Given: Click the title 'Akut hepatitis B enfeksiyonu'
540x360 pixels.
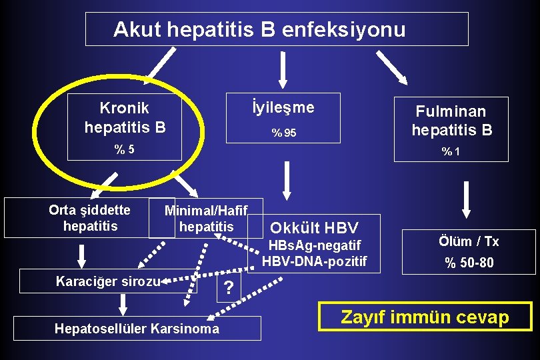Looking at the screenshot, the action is (259, 29).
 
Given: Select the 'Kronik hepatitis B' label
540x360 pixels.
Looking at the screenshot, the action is (125, 117).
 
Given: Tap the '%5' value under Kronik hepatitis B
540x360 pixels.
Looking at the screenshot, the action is (125, 149).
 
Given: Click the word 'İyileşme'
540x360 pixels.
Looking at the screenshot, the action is (283, 108).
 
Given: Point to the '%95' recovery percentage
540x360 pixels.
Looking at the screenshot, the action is (283, 133).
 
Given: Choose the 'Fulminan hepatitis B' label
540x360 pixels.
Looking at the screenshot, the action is (451, 120).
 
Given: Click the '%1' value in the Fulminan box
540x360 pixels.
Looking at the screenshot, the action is (451, 152).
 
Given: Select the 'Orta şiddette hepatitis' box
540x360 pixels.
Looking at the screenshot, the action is (89, 218).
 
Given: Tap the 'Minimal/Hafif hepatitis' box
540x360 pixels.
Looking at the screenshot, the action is (206, 219).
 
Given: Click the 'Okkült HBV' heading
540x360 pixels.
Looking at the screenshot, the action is (314, 228).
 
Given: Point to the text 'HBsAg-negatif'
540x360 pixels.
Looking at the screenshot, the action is (316, 245).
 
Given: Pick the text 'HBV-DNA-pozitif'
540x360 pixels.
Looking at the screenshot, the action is (315, 261).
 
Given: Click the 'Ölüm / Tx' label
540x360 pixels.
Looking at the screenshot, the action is (469, 241).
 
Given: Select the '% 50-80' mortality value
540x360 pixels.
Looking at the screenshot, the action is (469, 263).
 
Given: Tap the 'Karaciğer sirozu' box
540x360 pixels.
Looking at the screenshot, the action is (107, 281).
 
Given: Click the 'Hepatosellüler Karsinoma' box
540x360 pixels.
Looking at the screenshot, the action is (137, 328).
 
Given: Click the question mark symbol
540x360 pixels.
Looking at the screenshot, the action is (229, 288).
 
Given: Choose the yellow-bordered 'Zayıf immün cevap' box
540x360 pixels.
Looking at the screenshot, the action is (425, 317).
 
